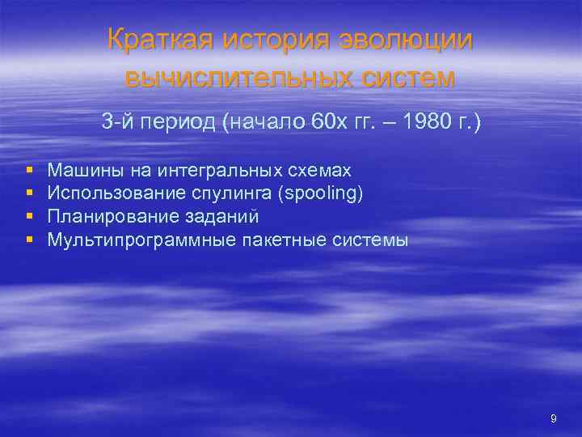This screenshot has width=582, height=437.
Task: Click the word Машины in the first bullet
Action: pyautogui.click(x=76, y=170)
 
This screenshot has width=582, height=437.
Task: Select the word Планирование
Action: pyautogui.click(x=99, y=217)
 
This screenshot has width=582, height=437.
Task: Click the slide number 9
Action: pyautogui.click(x=553, y=418)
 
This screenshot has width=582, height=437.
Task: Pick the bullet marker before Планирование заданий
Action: pyautogui.click(x=29, y=217)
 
